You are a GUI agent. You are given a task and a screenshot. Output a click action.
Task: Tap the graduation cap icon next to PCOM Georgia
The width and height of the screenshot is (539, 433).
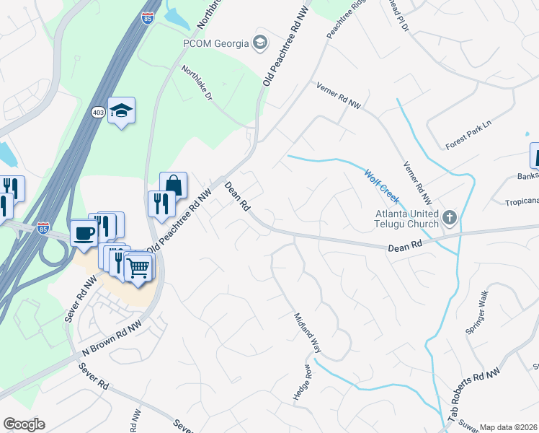(259, 43)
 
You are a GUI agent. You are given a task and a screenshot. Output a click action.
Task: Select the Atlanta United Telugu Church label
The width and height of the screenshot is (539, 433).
(406, 218)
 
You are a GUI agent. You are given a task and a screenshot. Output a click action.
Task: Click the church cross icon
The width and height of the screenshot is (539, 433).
(450, 217)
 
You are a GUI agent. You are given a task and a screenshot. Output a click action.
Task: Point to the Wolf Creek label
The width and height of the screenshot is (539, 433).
(382, 187)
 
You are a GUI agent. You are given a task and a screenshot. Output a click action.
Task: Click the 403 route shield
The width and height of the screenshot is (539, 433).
(99, 113)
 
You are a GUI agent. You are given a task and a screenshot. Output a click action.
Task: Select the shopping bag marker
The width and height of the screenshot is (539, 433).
(173, 185)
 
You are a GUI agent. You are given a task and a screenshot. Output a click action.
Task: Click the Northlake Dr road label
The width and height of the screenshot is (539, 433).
(197, 84)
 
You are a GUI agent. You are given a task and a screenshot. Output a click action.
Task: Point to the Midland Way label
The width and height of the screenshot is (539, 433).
(307, 331)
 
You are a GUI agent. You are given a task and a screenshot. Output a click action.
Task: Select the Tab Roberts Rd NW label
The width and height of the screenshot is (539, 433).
(473, 396)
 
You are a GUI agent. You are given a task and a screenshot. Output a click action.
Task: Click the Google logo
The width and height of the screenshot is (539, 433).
(24, 424)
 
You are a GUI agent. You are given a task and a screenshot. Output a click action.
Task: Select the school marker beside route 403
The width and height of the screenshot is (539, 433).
(122, 110)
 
